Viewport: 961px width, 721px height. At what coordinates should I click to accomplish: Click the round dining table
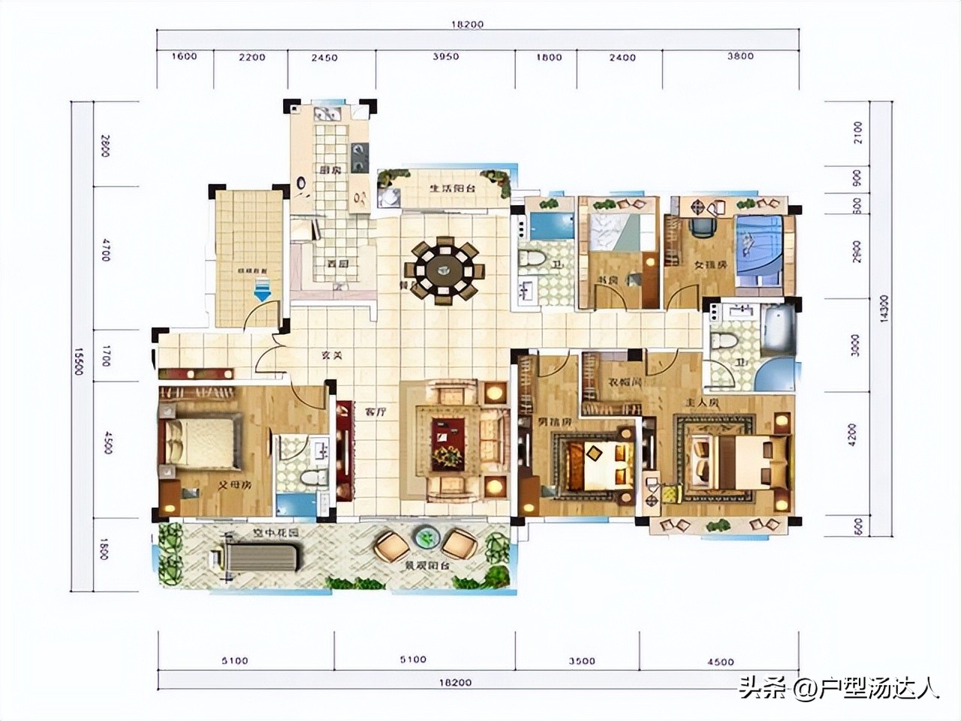point(444,270)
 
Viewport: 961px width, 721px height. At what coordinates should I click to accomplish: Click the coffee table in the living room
point(453,441)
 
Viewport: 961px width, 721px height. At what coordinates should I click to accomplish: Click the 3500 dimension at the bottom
point(582,661)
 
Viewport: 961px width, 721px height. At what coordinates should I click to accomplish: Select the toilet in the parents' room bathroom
point(310,478)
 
